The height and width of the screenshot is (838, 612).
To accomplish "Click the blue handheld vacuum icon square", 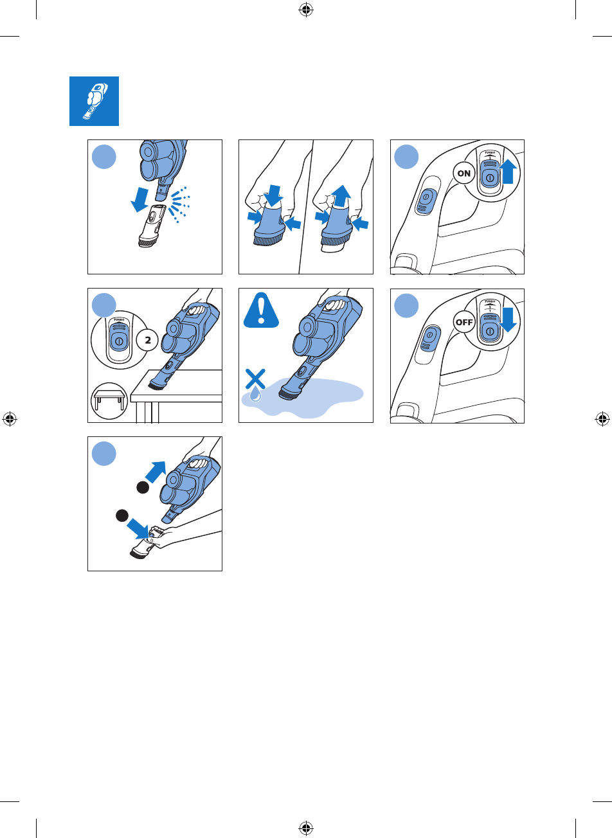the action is pos(94,101).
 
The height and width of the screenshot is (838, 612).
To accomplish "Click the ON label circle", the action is pos(464,174).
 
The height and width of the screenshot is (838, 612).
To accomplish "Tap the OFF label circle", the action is pos(464,322).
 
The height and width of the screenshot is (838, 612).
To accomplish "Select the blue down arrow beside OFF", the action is pos(508,320).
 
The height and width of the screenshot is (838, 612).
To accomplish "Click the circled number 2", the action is pos(147,340).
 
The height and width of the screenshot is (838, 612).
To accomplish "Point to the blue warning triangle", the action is pos(261,310).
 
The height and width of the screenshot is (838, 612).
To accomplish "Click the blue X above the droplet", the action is pos(255,379).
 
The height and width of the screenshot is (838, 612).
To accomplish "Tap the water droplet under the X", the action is pos(255,395).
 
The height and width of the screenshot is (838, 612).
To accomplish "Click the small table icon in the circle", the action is pos(109,400).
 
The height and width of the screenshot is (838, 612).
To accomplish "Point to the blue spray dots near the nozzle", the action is pos(179,204).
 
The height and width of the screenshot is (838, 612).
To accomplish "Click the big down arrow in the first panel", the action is pos(140,200).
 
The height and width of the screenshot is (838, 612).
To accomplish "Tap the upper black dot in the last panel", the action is pos(143,488).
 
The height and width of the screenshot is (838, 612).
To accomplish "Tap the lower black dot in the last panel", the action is pos(122,515).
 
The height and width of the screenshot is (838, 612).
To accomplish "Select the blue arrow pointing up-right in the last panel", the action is pos(156,472).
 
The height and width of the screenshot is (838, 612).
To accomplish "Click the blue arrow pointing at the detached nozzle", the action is pos(138,529).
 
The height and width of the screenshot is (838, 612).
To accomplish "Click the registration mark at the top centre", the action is pos(306,10).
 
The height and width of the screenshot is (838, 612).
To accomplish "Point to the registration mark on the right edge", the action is pos(602,419).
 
